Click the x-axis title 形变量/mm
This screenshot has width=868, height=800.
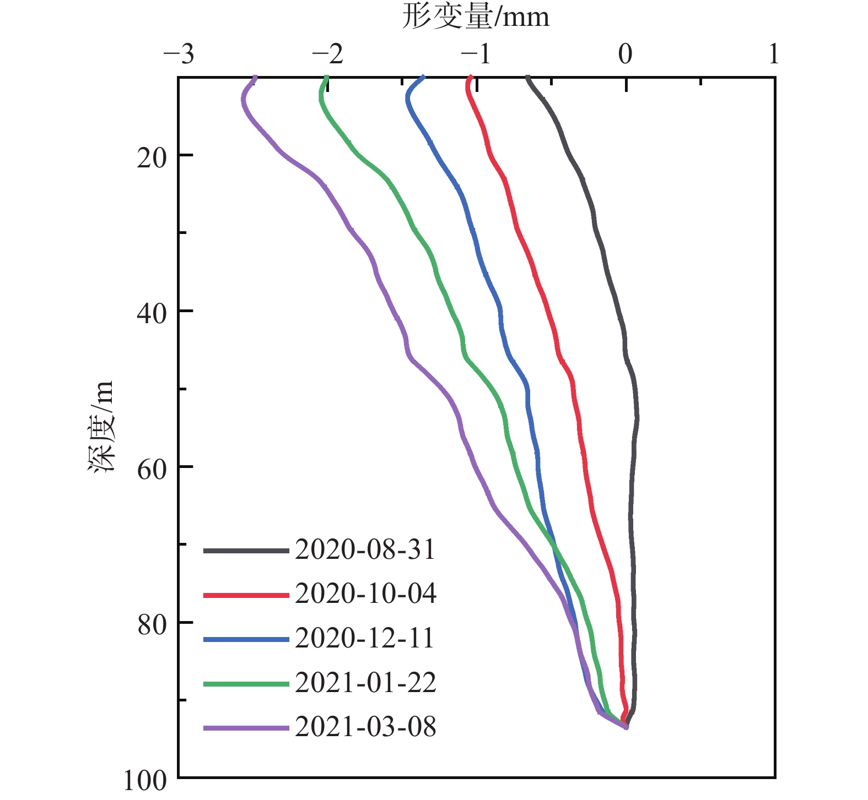(x=476, y=17)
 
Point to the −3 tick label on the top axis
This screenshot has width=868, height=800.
(x=179, y=55)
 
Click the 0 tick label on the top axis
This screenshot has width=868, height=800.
(x=625, y=55)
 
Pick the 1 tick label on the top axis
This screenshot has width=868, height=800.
(x=774, y=55)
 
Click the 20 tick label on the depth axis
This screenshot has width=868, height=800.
(x=151, y=158)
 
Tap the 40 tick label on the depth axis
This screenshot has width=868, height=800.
(x=151, y=314)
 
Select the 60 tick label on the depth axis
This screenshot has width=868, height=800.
(x=151, y=470)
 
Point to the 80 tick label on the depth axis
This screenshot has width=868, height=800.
(x=151, y=625)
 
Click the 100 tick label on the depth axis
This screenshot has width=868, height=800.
(x=144, y=781)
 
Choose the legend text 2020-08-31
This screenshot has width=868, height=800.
(x=365, y=549)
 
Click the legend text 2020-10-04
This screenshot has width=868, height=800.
(x=365, y=594)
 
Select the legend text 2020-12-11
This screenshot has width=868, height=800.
(x=365, y=638)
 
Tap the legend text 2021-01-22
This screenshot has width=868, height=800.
(x=365, y=683)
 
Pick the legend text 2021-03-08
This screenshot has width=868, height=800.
(x=365, y=727)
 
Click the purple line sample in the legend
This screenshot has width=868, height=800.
(x=246, y=728)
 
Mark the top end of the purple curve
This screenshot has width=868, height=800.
(x=255, y=77)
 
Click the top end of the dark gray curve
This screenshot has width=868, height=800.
(x=527, y=77)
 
